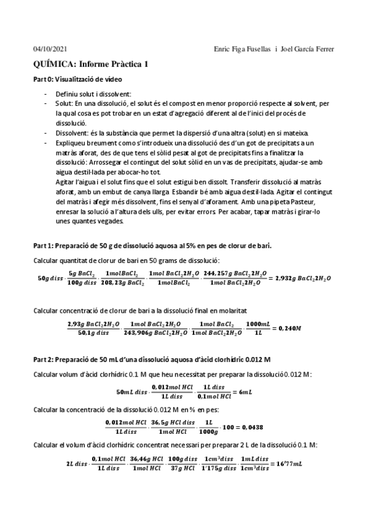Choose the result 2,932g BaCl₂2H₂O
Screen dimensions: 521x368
[x=303, y=278]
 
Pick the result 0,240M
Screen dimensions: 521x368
[x=286, y=328]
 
